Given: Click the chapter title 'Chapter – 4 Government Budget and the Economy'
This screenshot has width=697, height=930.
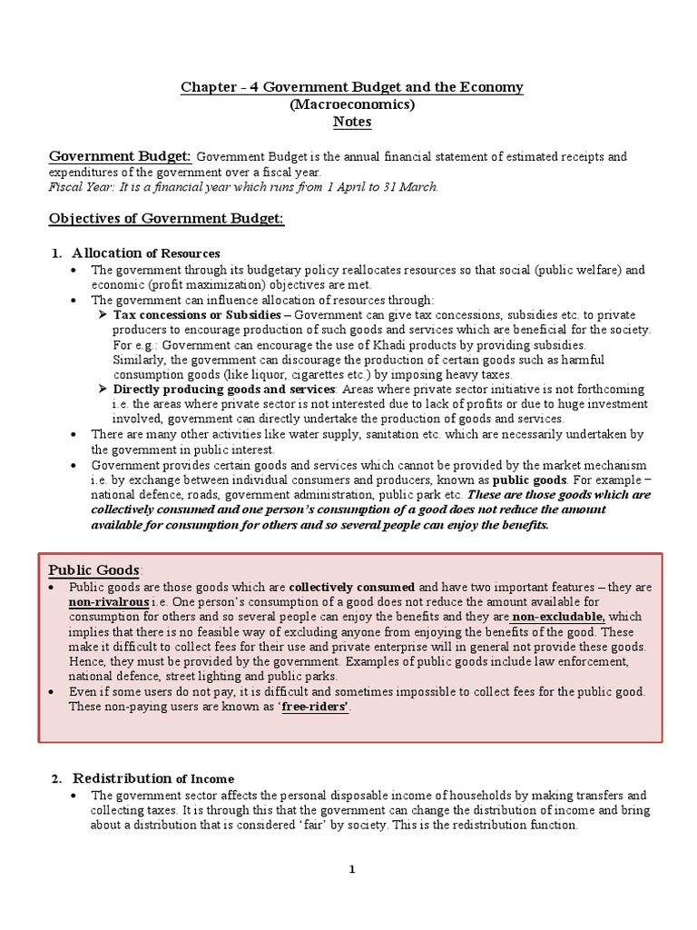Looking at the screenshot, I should [352, 87].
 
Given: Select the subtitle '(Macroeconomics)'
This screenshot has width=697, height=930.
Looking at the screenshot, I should [352, 104].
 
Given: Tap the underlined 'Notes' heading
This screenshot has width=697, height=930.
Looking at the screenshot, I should [352, 122].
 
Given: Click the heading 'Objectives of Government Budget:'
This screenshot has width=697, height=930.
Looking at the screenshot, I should [166, 219].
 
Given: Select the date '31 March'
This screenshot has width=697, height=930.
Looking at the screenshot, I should [411, 187].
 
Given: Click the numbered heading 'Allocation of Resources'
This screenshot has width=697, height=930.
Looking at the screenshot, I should [145, 252].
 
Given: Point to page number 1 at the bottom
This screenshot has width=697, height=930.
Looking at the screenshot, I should [352, 870].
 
